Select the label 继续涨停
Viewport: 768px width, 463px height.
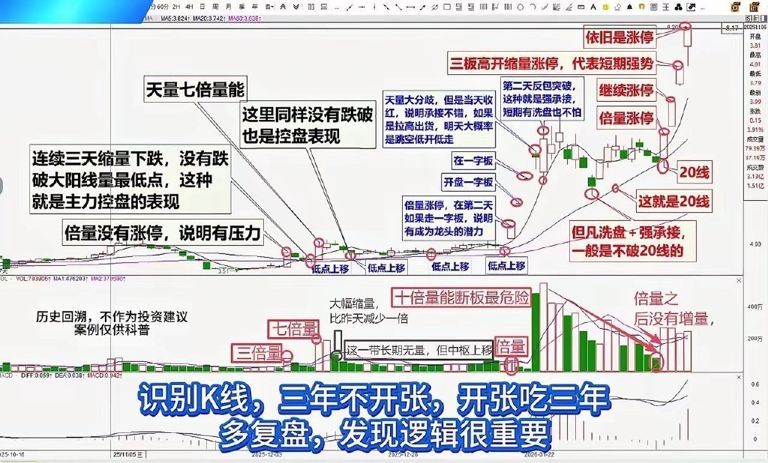coord(625,89)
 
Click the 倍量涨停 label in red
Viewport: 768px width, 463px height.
coord(625,117)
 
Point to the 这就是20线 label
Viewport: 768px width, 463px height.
coord(672,200)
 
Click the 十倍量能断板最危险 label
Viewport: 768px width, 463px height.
coord(460,297)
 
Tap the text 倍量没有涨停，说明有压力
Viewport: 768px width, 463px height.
coord(163,233)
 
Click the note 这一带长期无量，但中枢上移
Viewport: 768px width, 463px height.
coord(418,350)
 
